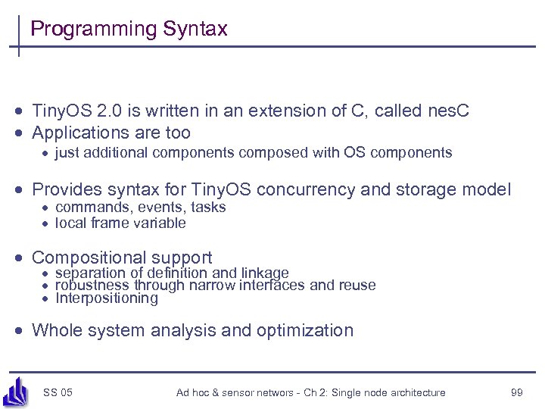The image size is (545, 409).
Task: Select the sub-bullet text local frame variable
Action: click(x=120, y=223)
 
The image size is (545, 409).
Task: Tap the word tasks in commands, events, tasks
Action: click(x=208, y=208)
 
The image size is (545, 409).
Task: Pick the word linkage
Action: click(x=264, y=273)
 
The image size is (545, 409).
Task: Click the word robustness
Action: click(x=92, y=286)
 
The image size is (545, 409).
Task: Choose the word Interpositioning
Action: click(x=107, y=298)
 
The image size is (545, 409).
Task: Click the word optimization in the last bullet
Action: click(x=305, y=330)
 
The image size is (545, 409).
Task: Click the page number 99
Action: click(x=518, y=392)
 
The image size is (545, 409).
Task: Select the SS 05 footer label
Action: click(x=58, y=392)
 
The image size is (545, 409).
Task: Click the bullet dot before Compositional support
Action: click(x=23, y=258)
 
